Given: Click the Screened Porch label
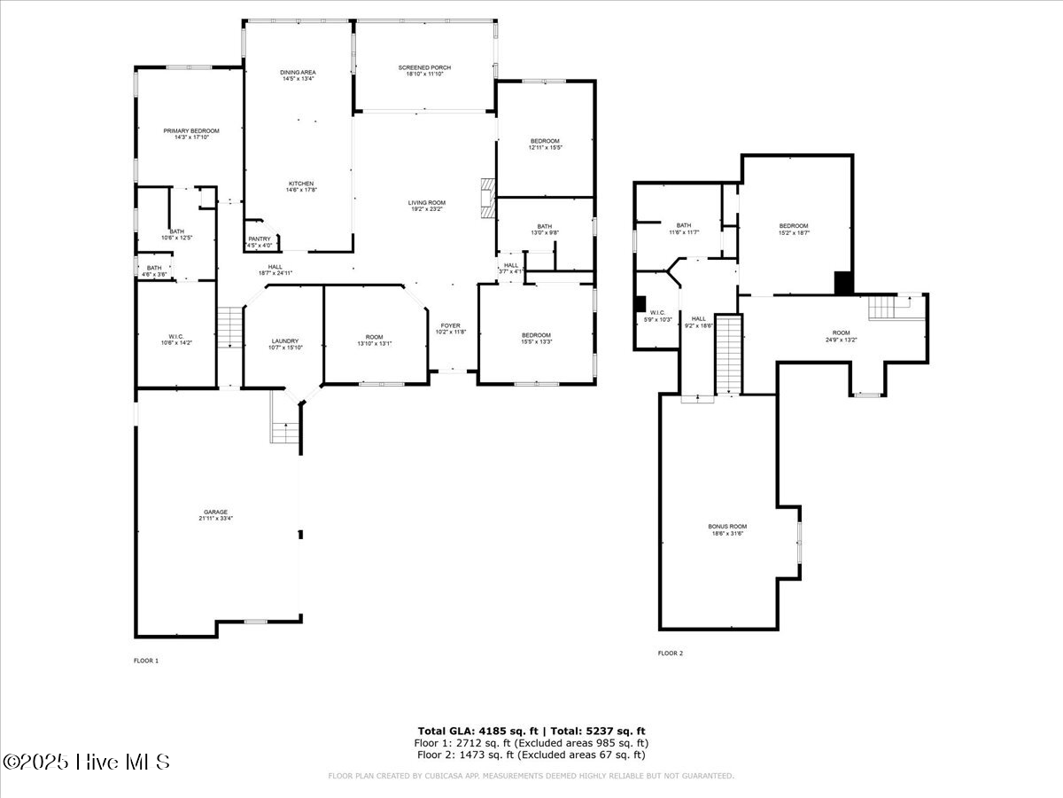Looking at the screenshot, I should (x=424, y=71).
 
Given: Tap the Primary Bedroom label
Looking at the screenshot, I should (x=191, y=134).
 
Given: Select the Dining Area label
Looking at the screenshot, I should (x=299, y=75).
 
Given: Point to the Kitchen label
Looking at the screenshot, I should (x=300, y=186).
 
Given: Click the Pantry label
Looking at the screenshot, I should (x=260, y=241).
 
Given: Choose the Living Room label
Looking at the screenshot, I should (x=427, y=206).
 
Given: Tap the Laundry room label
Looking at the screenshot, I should (x=284, y=344).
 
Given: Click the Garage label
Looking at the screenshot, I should (x=216, y=514).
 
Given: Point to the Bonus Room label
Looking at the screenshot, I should (x=727, y=529).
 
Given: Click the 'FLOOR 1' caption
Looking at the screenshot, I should (x=145, y=661).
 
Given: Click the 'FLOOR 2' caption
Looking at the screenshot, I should (x=670, y=653).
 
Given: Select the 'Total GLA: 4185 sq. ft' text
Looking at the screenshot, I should (x=475, y=731).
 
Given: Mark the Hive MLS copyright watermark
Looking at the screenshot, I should (x=86, y=762).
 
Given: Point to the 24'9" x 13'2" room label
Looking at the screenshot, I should (x=841, y=335).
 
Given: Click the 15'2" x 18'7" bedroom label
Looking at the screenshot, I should (x=794, y=229).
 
